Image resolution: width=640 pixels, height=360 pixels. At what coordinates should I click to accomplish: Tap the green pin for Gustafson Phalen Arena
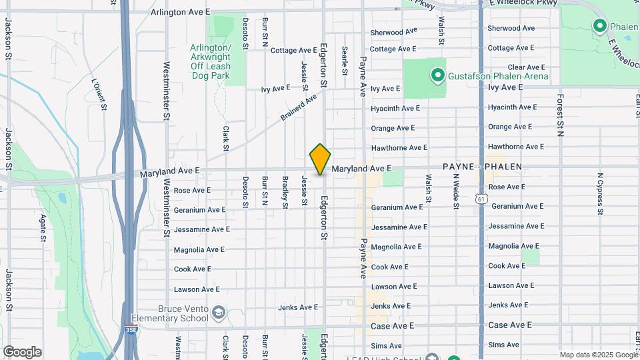point(437,76)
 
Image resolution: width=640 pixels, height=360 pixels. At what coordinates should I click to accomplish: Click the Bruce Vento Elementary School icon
point(218,313)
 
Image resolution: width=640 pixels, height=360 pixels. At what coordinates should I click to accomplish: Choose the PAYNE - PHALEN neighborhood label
point(482,167)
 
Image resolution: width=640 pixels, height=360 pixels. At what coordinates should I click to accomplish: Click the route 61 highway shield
point(481,199)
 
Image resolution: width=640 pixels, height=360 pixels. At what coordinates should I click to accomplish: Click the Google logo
point(22,352)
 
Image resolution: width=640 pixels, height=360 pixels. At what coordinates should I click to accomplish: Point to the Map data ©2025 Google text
point(599,355)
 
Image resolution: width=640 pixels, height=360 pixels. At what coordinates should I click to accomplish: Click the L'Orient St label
point(99,96)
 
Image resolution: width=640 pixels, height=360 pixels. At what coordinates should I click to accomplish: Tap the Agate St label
point(43,227)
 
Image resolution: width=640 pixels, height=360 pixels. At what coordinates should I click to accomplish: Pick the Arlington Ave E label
point(180,13)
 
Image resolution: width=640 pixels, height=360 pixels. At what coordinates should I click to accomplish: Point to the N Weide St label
point(456,191)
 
